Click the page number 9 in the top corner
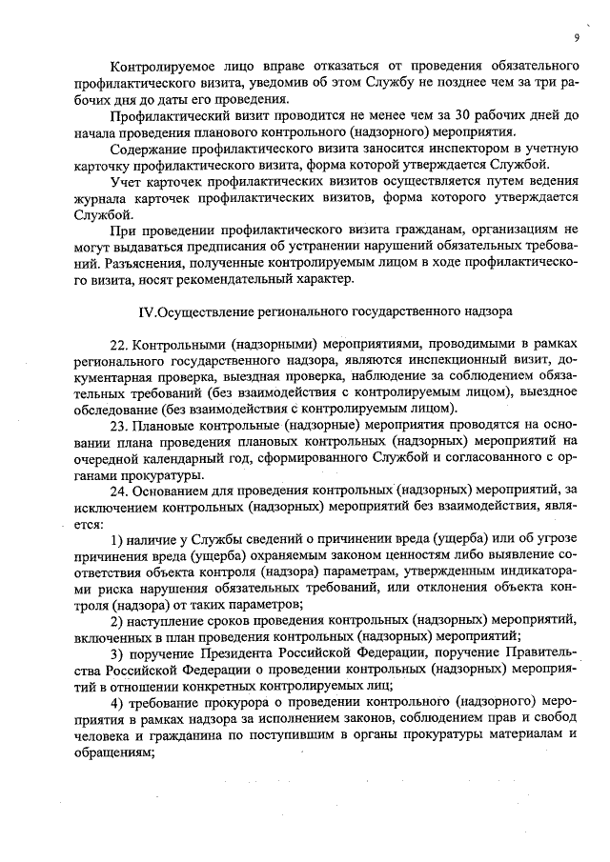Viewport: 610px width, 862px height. click(x=577, y=37)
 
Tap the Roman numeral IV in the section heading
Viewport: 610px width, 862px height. click(x=146, y=311)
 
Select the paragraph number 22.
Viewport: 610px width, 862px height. click(x=120, y=343)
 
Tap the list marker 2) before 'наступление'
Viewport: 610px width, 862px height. click(x=118, y=620)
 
